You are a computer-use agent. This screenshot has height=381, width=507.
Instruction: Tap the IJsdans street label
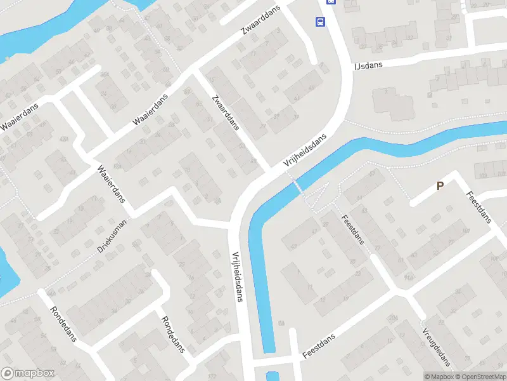367,65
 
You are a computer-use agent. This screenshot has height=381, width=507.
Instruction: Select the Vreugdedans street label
437,348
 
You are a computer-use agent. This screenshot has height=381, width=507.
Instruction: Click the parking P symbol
439,185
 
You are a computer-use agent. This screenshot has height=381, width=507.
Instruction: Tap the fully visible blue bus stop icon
321,22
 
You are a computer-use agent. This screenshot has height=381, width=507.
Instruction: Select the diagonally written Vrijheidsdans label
309,151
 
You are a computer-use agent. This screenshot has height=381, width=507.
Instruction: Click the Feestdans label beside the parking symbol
479,206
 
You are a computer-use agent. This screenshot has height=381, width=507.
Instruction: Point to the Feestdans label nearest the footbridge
353,229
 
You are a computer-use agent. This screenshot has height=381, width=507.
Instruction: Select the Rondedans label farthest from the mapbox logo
172,334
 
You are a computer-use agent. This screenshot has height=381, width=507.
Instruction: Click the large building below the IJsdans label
391,103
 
